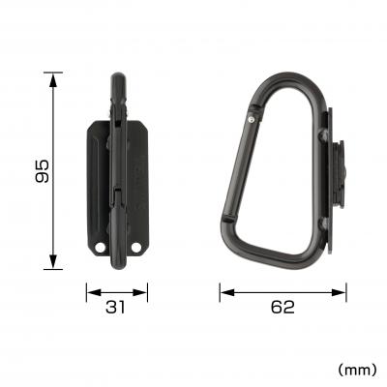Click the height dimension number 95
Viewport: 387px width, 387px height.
tap(40, 170)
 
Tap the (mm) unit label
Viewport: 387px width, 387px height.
tap(356, 369)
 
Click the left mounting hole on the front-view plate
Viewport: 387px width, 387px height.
tap(102, 253)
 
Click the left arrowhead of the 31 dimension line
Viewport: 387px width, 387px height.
tap(90, 289)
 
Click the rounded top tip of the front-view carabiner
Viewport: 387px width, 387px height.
tap(117, 77)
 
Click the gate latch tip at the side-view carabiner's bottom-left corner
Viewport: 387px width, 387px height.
tap(226, 232)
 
